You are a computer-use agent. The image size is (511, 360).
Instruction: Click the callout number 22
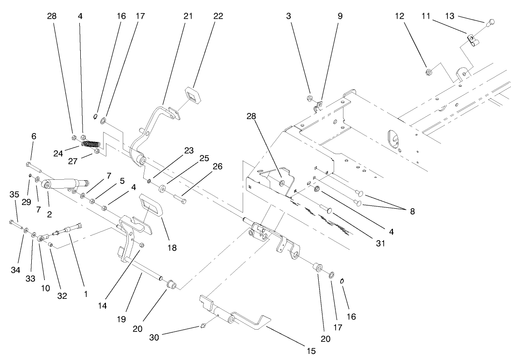(x=218, y=16)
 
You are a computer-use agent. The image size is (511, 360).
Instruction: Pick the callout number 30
(x=154, y=337)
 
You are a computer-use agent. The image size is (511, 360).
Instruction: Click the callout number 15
(x=311, y=350)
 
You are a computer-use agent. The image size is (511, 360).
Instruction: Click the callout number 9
(x=340, y=16)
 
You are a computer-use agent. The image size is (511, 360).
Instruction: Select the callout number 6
(x=34, y=136)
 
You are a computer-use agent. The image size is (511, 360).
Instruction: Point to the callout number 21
(x=188, y=16)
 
